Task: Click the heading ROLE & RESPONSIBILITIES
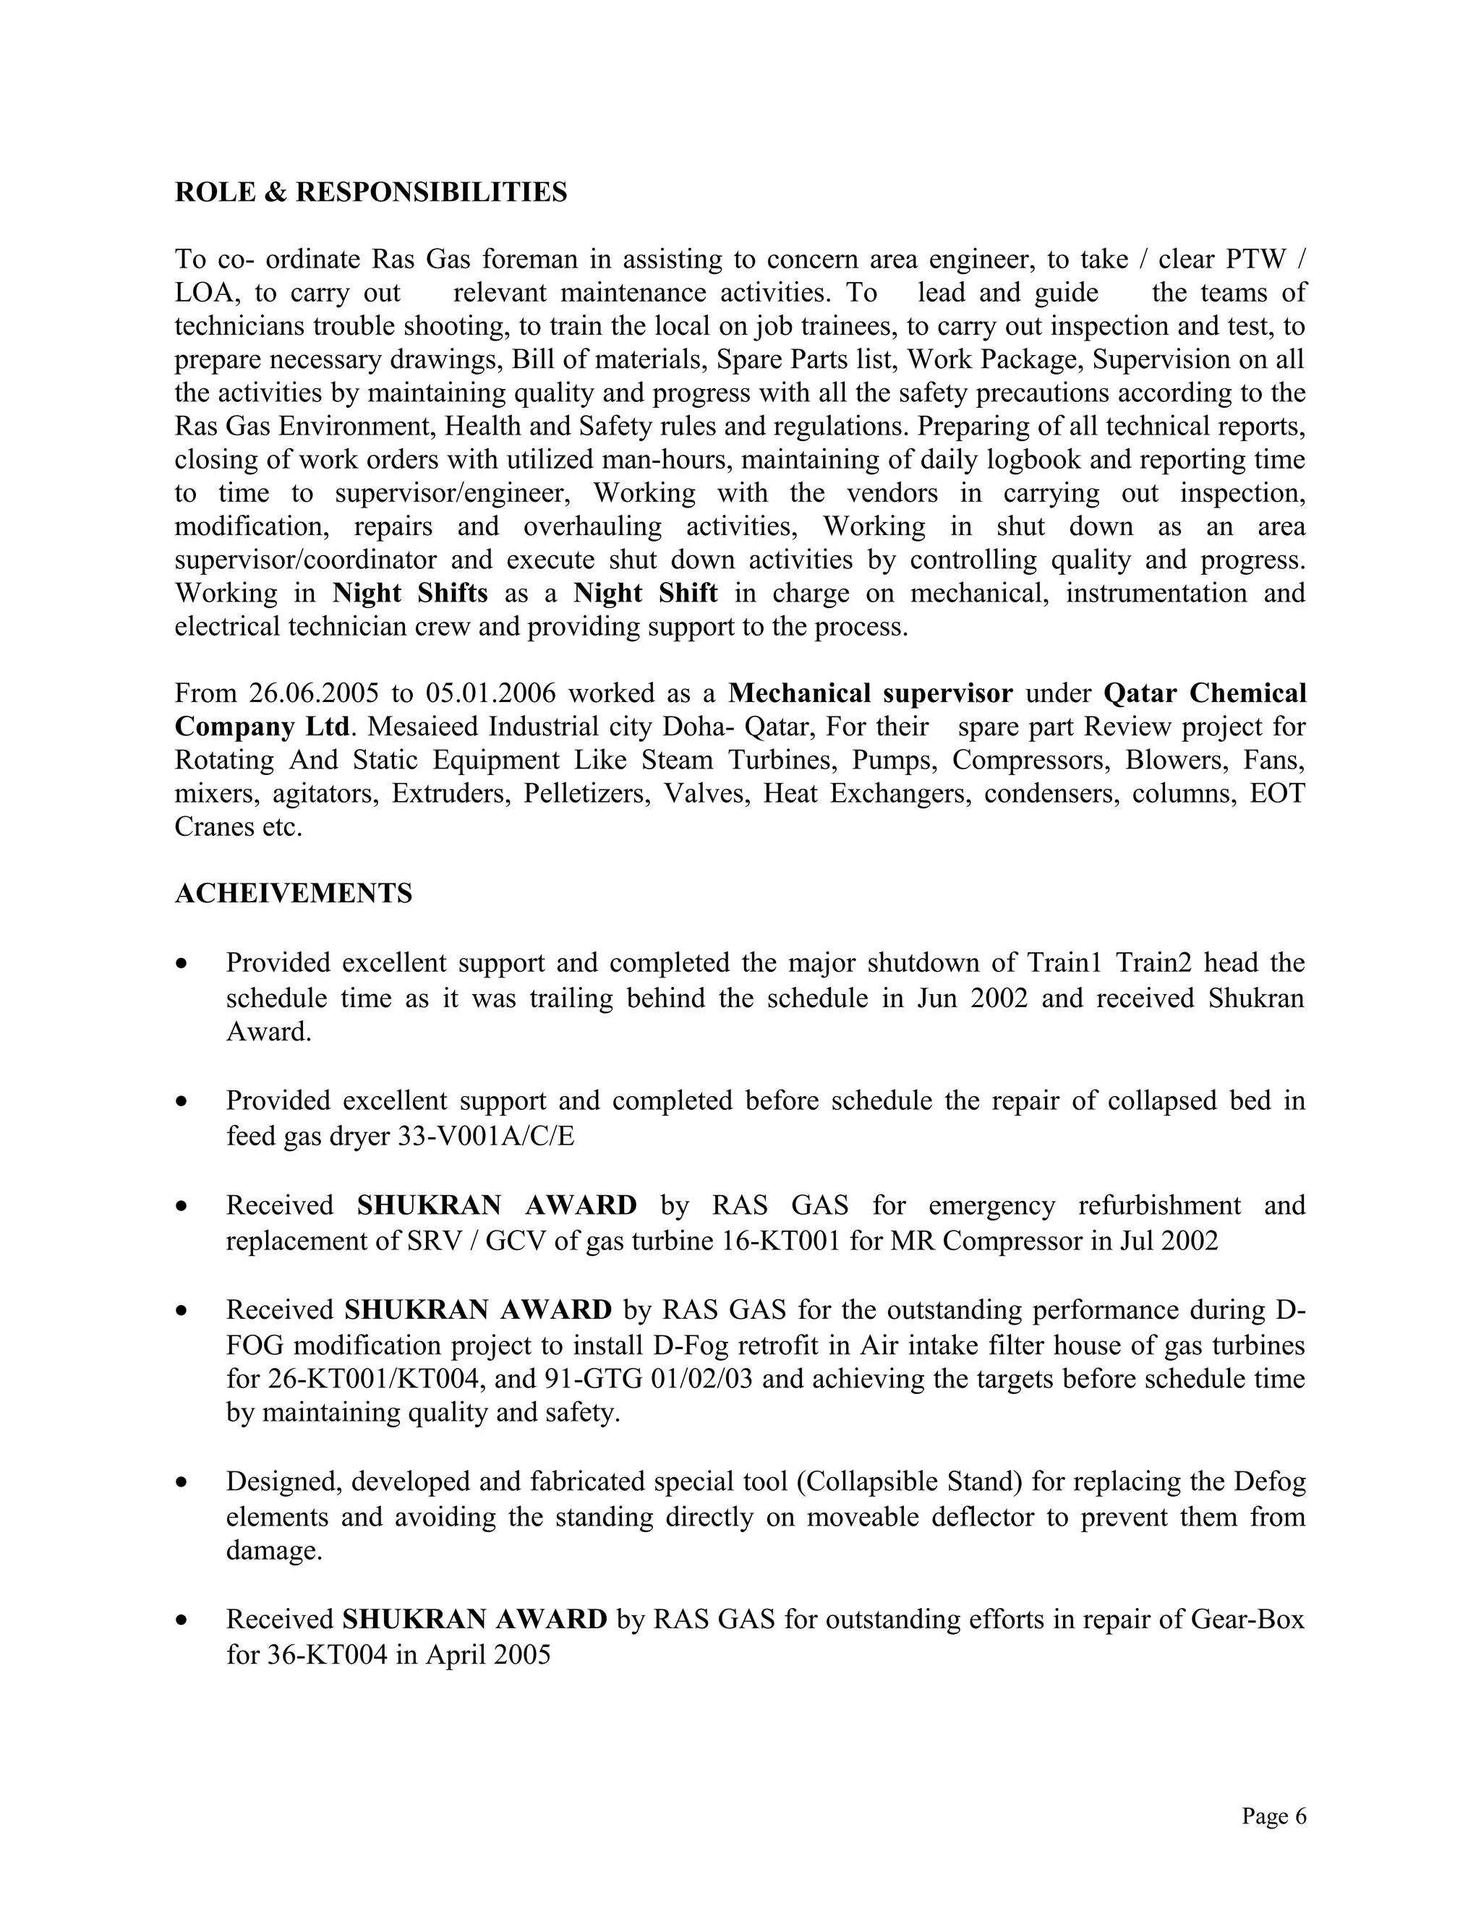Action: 370,192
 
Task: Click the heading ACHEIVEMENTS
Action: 293,893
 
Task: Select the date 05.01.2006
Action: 490,693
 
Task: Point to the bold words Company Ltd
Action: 262,727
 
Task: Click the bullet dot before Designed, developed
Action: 182,1483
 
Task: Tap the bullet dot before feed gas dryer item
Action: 182,1101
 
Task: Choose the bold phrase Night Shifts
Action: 410,593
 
